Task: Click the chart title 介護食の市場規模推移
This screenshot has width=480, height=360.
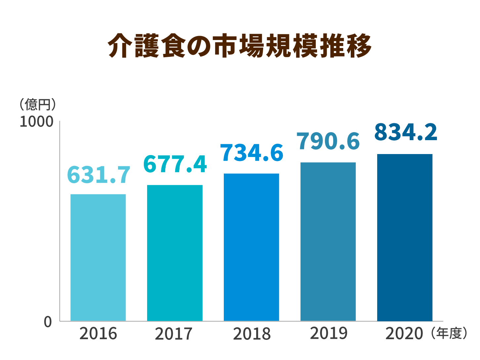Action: click(240, 46)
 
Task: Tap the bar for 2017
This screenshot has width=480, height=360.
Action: click(175, 253)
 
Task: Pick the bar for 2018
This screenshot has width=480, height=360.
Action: click(251, 247)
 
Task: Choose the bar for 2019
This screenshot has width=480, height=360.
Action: click(328, 241)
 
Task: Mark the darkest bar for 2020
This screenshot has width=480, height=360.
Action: click(405, 237)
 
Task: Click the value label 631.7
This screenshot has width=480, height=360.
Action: click(99, 175)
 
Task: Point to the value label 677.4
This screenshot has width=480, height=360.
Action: click(175, 164)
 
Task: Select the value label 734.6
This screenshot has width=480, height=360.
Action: click(252, 153)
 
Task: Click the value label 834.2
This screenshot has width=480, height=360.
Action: click(406, 132)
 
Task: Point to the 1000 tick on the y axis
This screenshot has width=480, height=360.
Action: click(36, 122)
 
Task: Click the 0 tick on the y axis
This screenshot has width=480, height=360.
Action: click(48, 322)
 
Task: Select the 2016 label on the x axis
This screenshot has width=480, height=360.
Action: click(98, 334)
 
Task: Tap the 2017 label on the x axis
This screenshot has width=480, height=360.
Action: click(174, 334)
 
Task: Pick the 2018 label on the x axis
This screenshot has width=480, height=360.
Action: click(252, 334)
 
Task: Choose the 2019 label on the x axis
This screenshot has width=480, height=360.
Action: click(329, 333)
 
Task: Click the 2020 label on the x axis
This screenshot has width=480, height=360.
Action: click(404, 334)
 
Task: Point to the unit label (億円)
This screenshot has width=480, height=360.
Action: click(37, 104)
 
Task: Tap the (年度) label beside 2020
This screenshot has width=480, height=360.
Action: click(449, 333)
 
